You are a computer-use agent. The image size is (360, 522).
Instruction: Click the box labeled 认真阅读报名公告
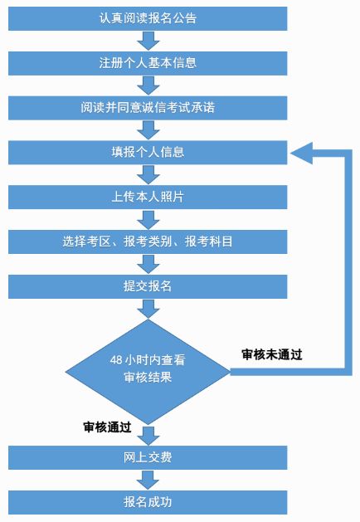tap(148, 18)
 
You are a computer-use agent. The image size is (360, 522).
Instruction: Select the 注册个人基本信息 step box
tap(148, 63)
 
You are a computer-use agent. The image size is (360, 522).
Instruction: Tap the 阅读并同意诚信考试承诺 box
tap(148, 108)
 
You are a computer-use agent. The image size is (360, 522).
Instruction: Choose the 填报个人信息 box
tap(148, 153)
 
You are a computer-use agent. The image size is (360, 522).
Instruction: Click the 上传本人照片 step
tap(148, 197)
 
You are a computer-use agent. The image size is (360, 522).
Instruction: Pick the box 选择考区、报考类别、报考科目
tap(148, 241)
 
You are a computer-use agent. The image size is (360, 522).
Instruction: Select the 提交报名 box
tap(148, 286)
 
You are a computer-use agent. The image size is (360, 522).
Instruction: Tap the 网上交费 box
tap(148, 458)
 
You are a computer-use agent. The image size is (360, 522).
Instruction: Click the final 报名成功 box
tap(148, 502)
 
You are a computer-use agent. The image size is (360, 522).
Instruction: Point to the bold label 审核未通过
tap(272, 354)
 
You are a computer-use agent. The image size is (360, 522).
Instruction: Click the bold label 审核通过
tap(107, 427)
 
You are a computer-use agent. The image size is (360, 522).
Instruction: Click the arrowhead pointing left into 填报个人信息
tap(301, 153)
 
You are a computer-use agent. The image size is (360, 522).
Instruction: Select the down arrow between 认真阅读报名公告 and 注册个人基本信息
tap(148, 41)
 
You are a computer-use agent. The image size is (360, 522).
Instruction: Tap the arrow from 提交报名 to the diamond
tap(148, 309)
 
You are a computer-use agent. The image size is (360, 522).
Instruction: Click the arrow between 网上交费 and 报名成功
tap(148, 480)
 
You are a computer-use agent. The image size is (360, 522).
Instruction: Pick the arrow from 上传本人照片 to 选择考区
tap(148, 220)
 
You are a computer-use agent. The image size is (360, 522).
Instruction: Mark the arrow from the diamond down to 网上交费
tap(148, 436)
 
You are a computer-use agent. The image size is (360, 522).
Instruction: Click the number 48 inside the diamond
tap(116, 360)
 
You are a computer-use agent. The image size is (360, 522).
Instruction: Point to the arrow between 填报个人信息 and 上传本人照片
tap(148, 175)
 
